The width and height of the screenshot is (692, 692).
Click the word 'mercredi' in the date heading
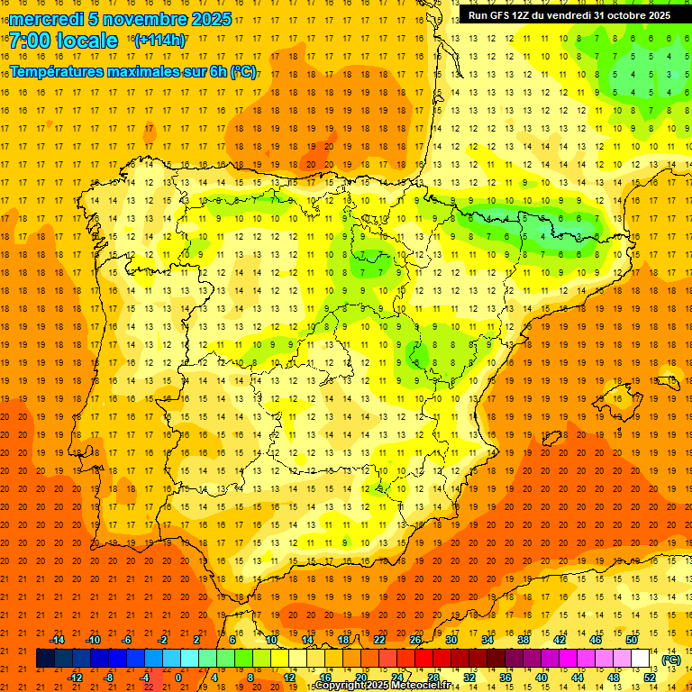coord(46,19)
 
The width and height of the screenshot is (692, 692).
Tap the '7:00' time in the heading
coord(30,41)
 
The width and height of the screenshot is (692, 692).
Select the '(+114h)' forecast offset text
coord(160,40)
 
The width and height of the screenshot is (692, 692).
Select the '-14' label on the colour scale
coord(57,640)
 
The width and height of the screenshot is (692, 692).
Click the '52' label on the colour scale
coord(650,678)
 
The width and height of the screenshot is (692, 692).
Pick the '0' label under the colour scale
coord(178,678)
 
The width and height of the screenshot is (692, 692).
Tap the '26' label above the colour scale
coord(415,640)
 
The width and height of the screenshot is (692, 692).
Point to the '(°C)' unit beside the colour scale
coord(671,660)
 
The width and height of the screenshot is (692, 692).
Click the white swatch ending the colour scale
coord(641,659)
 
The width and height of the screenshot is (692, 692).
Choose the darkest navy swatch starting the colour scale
coord(45,659)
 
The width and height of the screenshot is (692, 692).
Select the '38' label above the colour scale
coord(524,640)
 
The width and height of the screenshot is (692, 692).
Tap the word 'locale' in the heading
coord(86,41)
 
